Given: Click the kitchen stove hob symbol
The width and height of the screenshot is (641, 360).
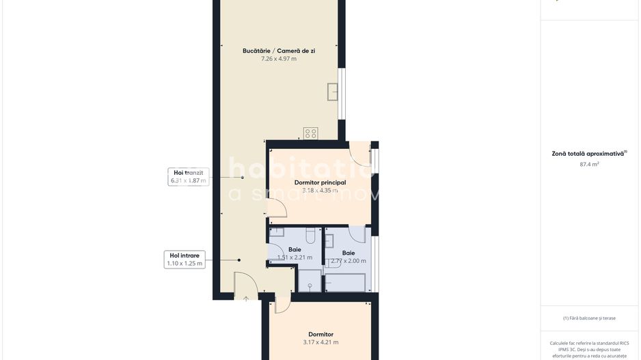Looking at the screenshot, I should click(311, 133).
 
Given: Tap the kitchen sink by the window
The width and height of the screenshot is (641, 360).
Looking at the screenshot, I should click(333, 92).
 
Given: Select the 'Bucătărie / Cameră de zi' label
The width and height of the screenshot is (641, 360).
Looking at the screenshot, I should click(279, 51).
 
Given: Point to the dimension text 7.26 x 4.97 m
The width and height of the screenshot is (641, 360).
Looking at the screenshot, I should click(279, 59).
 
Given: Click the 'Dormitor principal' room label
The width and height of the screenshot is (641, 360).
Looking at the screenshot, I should click(320, 182).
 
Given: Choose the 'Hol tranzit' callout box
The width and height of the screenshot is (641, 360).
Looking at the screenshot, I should click(189, 177).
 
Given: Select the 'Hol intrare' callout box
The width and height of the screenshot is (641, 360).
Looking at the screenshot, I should click(185, 259).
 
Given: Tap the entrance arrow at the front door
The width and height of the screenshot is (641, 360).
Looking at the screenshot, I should click(246, 299).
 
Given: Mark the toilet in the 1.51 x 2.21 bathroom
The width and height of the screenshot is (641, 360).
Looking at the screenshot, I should click(310, 236).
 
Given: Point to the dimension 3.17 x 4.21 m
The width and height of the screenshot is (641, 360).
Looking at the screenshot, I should click(320, 342).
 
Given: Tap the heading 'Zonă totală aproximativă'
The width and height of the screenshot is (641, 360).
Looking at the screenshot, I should click(588, 154).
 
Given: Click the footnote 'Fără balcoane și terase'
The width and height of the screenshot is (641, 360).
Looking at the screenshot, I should click(589, 318).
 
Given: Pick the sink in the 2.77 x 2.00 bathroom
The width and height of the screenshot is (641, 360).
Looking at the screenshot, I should click(329, 240).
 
